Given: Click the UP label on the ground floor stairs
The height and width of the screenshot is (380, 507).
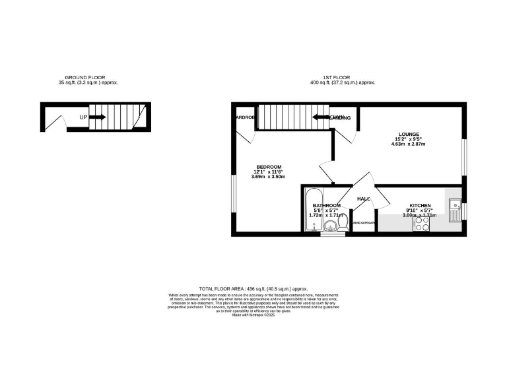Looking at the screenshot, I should point(83,117).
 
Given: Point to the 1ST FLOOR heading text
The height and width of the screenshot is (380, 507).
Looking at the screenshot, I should point(343,78).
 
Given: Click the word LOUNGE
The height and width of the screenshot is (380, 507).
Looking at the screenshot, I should point(409,134).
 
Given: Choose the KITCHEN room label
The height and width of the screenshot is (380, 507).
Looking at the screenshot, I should point(420,206).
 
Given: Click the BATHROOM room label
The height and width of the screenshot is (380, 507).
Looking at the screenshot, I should point(327,206).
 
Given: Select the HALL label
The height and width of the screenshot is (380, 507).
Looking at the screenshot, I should point(364,199).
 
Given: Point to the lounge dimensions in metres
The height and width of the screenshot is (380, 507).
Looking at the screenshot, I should point(409,144).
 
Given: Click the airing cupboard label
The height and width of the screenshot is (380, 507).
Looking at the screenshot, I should point(364,223).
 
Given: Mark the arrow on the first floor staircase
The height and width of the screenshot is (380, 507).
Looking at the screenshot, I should point(321,117).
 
